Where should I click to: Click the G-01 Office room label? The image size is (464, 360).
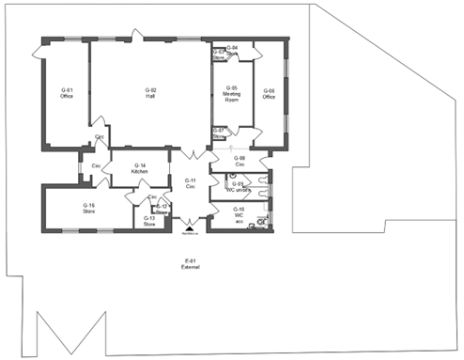[x=67, y=93]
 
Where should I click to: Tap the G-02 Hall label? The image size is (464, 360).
[x=150, y=92]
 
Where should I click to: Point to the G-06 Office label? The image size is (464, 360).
[x=269, y=93]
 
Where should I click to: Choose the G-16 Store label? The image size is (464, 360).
[x=88, y=208]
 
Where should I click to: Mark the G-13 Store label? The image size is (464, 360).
[x=148, y=222]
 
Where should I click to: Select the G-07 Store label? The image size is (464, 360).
[x=219, y=133]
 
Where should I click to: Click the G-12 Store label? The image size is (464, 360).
[x=162, y=208]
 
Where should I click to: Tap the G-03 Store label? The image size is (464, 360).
[x=219, y=54]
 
